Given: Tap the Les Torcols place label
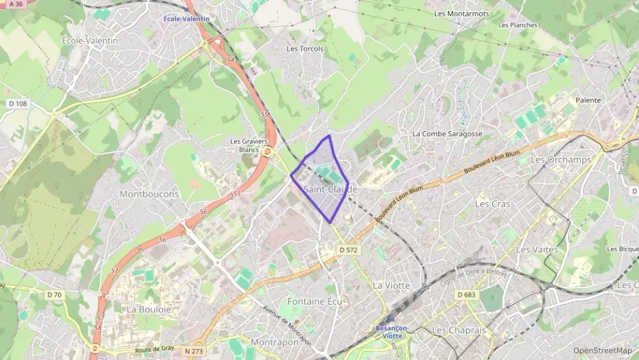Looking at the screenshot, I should click(305, 49).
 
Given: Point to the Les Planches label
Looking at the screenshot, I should click(517, 25).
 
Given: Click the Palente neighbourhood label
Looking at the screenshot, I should click(588, 100).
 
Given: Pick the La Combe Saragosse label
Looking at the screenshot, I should click(447, 134).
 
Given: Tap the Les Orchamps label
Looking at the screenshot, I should click(551, 160).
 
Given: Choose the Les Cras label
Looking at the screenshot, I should click(492, 204).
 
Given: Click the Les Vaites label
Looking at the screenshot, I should click(537, 249).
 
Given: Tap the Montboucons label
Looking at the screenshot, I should click(149, 194).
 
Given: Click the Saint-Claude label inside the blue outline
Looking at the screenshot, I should click(330, 189).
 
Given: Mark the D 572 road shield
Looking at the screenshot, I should click(348, 250).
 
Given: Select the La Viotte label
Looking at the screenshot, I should click(391, 285).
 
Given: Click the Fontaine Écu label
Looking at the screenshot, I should click(315, 301).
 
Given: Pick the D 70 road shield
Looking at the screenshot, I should click(54, 295).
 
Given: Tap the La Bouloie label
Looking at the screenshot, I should click(149, 309).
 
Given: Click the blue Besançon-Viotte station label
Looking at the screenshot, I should click(392, 331).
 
